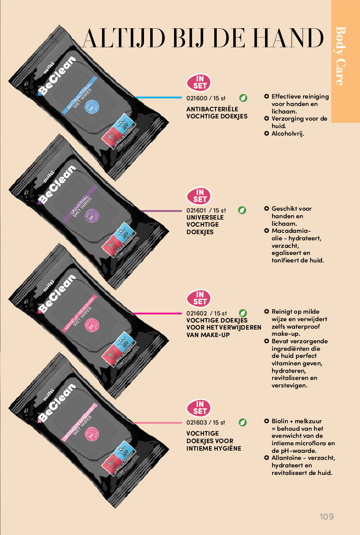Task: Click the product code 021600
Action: (197, 98)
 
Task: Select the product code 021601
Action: (197, 210)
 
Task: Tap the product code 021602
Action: (197, 313)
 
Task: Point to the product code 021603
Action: (197, 423)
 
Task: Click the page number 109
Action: (326, 516)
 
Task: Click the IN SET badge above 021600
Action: (199, 83)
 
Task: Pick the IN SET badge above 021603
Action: (199, 408)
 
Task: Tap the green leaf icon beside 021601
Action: (242, 210)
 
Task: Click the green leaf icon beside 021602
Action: (243, 313)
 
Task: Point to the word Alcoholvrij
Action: (288, 133)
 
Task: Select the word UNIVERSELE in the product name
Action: (205, 217)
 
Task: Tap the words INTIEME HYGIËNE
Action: (214, 448)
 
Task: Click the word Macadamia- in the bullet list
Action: (291, 231)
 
